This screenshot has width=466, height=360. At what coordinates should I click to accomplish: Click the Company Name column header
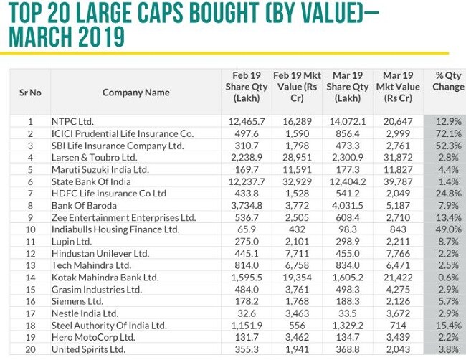click(135, 92)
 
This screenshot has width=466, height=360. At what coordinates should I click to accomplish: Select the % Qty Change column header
click(448, 81)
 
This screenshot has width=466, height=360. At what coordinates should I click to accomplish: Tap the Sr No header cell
click(30, 92)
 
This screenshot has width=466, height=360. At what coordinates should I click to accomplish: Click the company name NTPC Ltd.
click(72, 122)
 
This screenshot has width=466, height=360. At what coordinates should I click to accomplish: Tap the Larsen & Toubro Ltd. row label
click(94, 158)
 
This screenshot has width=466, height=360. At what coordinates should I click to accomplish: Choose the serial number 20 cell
click(31, 349)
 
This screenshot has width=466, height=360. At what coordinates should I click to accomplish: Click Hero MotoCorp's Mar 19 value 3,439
click(400, 337)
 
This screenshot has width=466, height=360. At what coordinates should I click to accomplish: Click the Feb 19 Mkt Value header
click(294, 86)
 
